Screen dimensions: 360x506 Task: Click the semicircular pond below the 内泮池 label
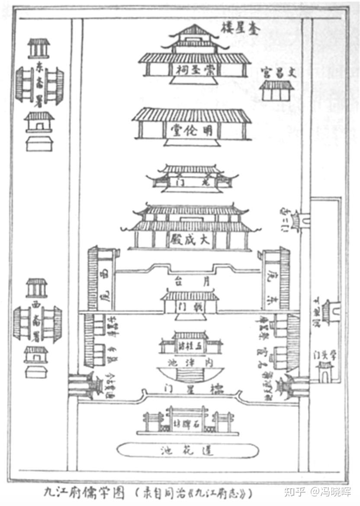coord(190,374)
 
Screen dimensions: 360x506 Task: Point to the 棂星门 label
coord(190,389)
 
